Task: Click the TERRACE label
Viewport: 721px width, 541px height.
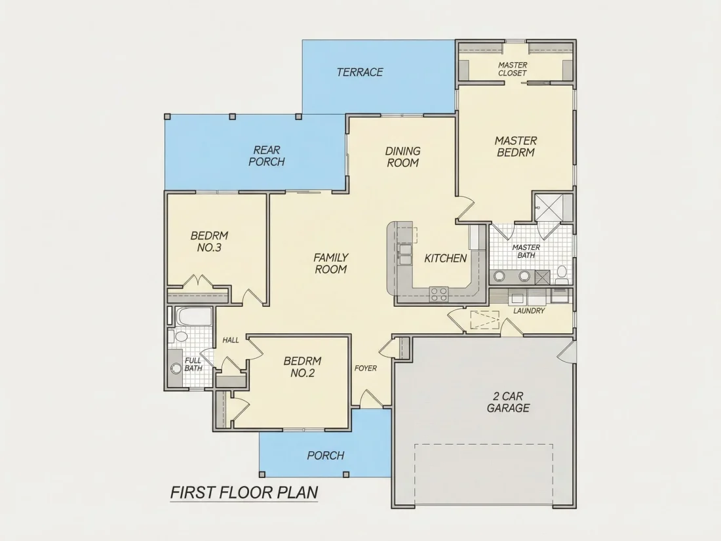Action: [x=360, y=72]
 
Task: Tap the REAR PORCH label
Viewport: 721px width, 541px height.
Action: [x=267, y=156]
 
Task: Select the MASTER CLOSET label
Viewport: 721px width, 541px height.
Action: [x=513, y=69]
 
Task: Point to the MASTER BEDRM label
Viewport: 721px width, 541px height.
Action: [x=516, y=146]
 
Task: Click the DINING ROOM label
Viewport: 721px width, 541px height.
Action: [x=403, y=157]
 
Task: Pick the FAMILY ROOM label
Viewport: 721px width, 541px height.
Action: [x=330, y=263]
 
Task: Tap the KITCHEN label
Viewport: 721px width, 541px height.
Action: [x=445, y=258]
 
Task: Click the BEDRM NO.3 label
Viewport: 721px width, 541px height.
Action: [x=209, y=241]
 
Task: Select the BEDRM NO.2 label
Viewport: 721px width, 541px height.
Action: [x=302, y=367]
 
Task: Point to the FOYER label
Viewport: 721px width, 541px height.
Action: [x=366, y=368]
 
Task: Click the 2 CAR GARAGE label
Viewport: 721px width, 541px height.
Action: [x=508, y=402]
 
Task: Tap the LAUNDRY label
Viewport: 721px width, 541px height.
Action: [x=529, y=311]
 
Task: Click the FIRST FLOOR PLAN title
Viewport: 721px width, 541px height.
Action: [x=244, y=492]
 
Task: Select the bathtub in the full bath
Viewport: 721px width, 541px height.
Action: [x=195, y=316]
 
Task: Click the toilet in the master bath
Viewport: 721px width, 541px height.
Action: [x=562, y=274]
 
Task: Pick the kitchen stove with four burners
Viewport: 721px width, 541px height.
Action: [x=438, y=294]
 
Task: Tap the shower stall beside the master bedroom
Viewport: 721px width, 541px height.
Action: [x=553, y=208]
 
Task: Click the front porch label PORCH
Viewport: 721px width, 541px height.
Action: [x=326, y=456]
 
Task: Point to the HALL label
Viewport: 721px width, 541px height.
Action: [x=231, y=340]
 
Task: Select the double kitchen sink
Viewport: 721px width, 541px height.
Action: [x=405, y=254]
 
